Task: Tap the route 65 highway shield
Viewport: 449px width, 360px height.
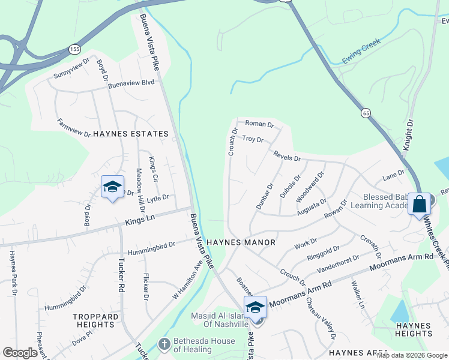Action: (365, 112)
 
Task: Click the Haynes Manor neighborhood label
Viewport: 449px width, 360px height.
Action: (241, 242)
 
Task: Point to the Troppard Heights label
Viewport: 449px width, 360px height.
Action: (94, 320)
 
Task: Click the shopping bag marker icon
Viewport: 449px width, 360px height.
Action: (420, 203)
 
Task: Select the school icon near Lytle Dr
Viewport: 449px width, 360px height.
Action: (112, 187)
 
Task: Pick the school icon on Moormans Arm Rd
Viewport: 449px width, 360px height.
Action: (255, 307)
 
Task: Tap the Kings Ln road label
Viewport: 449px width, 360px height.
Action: (140, 221)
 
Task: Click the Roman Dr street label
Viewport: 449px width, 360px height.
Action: (259, 125)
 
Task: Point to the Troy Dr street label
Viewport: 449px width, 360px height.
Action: (253, 139)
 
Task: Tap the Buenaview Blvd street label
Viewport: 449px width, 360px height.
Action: (131, 85)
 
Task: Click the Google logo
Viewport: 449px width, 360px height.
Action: (20, 353)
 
